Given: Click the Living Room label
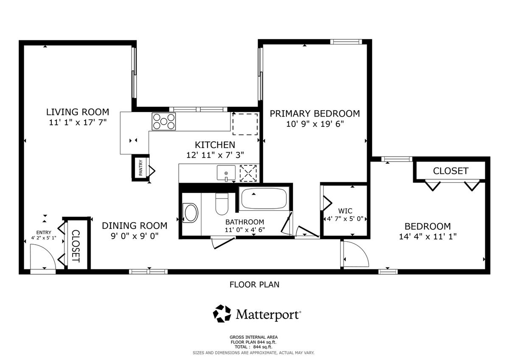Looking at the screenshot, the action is (78, 112).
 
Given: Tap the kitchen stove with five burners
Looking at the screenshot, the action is (164, 121).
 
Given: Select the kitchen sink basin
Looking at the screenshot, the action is (226, 173).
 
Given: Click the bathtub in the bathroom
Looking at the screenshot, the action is (264, 198).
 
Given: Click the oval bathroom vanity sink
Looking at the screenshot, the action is (191, 213).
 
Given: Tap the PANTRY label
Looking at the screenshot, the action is (141, 167).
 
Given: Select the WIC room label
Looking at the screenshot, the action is (345, 211).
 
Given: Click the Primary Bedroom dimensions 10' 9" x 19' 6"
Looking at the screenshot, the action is (315, 124).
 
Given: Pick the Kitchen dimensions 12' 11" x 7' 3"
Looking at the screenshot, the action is (215, 155).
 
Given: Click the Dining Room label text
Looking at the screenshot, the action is (134, 226).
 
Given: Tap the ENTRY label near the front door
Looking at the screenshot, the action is (44, 232).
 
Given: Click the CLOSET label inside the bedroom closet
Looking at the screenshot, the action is (450, 171).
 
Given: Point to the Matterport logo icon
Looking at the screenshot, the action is (222, 314).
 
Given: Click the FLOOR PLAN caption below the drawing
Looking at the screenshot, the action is (254, 285).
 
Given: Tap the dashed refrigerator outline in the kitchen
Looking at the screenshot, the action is (245, 124).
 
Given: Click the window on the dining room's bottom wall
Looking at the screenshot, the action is (148, 272).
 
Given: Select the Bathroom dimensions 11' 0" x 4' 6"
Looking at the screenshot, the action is (245, 230).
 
